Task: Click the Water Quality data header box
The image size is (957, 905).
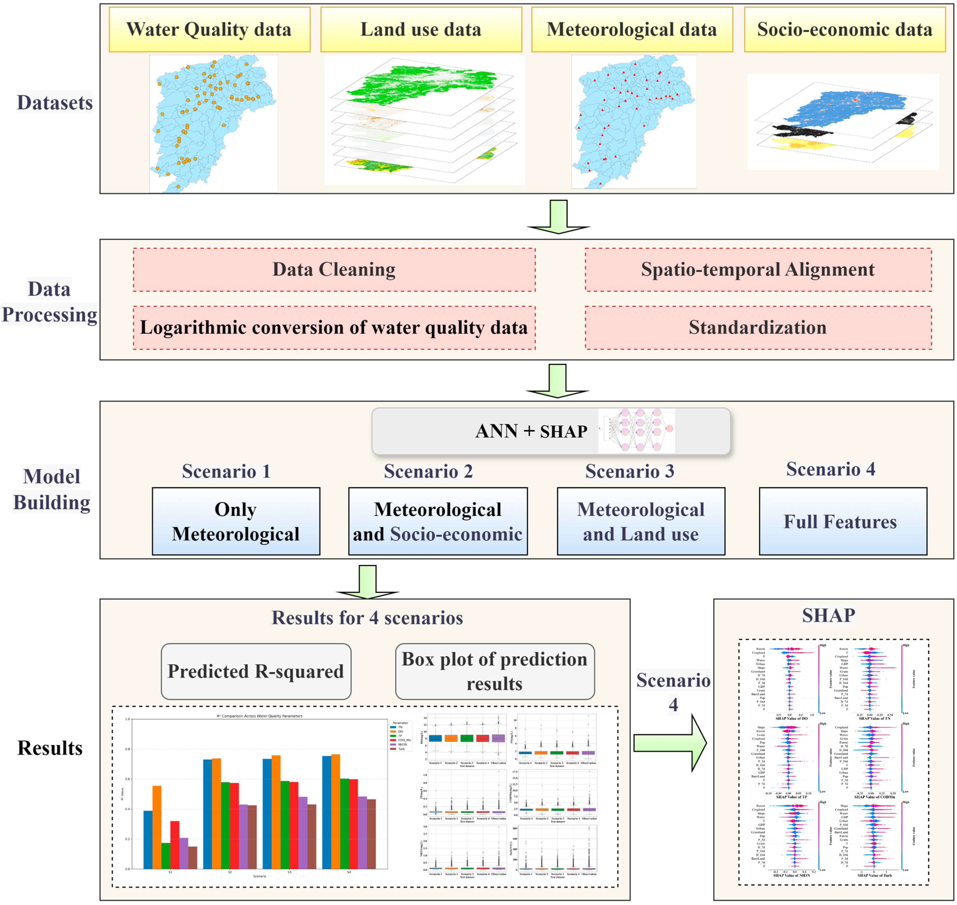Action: [209, 30]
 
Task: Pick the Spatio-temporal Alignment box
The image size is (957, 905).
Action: [758, 270]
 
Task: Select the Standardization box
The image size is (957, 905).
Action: [758, 328]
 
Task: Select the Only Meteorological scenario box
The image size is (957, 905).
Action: [236, 521]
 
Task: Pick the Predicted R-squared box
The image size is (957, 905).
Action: [256, 671]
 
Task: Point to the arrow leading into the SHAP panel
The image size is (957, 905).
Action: [670, 743]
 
